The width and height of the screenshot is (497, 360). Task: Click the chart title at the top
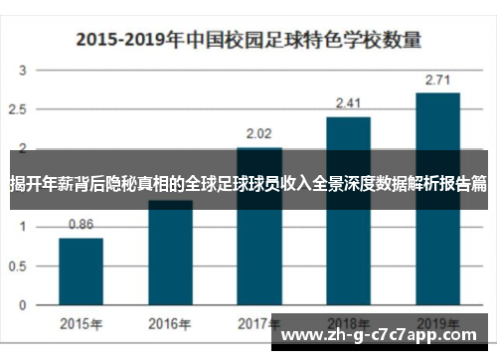pos(248,42)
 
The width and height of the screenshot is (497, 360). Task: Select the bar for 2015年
pos(81,273)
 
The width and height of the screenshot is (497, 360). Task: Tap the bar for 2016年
pos(170,259)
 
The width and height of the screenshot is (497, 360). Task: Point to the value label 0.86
pos(82,225)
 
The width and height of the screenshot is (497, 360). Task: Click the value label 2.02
pos(259,132)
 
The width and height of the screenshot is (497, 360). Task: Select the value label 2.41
pos(349,102)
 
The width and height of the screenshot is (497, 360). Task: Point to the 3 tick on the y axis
pos(24,71)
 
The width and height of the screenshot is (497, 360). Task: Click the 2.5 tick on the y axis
pos(20,109)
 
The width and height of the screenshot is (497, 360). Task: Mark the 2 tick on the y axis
pos(24,148)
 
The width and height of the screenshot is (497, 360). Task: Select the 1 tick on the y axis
pos(24,227)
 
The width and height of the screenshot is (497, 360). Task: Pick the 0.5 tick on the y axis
pos(20,267)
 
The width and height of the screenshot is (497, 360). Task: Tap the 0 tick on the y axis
pos(24,305)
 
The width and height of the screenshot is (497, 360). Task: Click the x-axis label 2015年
pos(81,323)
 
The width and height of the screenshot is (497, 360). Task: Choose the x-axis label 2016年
pos(170,323)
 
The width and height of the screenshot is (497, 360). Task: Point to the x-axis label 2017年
pos(259,323)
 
